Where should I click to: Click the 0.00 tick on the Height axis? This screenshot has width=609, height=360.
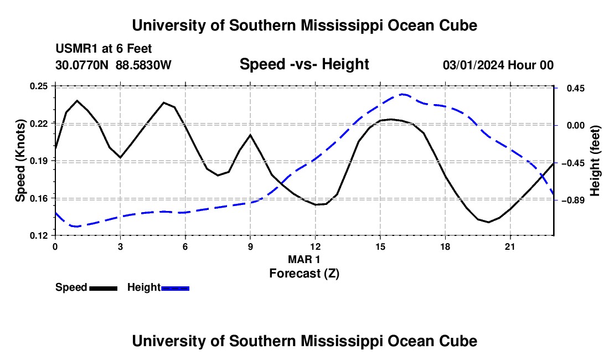point(576,125)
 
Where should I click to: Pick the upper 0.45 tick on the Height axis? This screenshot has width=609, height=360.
point(576,89)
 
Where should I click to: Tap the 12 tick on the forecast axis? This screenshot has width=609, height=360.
point(316,246)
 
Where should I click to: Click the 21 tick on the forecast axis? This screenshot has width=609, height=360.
point(510,246)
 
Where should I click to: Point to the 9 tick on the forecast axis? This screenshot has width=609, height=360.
point(250,246)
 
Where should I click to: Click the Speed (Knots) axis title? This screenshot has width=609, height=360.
point(20,161)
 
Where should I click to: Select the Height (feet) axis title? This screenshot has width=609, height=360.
point(595,161)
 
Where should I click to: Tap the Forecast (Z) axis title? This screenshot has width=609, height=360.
point(304,274)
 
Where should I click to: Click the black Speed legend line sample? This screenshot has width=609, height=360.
point(104,289)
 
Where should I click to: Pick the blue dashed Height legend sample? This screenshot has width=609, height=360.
point(175,289)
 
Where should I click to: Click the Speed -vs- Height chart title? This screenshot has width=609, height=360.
point(304,64)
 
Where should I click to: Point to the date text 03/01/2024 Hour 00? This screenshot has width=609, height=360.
point(498,65)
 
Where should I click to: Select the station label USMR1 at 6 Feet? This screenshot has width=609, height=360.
point(104,49)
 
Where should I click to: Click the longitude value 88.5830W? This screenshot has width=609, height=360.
point(143,65)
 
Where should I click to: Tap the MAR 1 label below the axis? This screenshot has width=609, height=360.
point(304,259)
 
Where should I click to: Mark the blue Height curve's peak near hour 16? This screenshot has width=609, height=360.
point(402,94)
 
